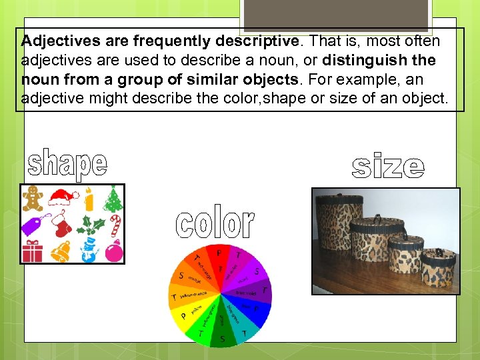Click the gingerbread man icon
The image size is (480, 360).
(x=33, y=199)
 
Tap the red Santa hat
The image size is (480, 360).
(x=61, y=197)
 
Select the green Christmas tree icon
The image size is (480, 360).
(x=114, y=198)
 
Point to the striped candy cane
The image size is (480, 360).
(x=115, y=225)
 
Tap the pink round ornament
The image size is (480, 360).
(x=114, y=252)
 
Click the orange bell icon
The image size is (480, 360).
(x=61, y=251)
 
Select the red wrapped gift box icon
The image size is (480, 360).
(x=32, y=252)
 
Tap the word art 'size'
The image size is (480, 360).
(x=387, y=167)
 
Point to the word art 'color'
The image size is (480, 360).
(x=215, y=223)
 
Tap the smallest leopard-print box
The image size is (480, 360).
(x=438, y=266)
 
